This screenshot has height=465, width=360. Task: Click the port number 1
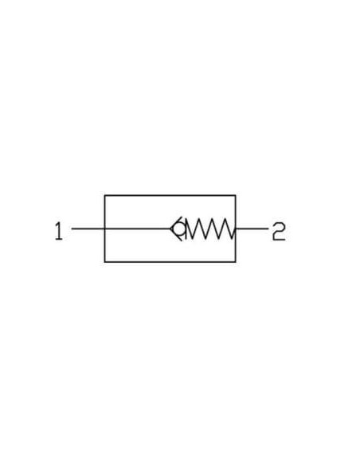coord(59,232)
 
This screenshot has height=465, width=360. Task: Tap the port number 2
coord(279,232)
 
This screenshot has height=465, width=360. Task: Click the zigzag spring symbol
coord(211,229)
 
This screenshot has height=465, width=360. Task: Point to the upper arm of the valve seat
coord(176,222)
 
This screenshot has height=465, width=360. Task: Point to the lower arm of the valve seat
coord(176,235)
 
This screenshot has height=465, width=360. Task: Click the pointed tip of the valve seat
coord(170,229)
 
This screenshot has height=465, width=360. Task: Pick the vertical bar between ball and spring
coord(186,229)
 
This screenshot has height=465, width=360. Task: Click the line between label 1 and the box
coord(88,229)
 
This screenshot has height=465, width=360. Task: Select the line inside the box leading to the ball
coord(138,229)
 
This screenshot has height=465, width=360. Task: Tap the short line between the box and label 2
coord(252,229)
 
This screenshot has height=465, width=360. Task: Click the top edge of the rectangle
coord(170,195)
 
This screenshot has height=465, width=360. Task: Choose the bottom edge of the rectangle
coord(170,262)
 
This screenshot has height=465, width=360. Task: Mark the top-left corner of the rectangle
coord(104,195)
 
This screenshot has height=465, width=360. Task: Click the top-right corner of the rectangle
coord(236,195)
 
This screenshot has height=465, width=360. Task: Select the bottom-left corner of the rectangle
coord(104,262)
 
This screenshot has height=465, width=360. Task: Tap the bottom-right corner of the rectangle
coord(236,262)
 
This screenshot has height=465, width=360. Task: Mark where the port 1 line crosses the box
coord(104,229)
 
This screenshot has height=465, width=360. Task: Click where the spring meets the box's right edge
coord(236,229)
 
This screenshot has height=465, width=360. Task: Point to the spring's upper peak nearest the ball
coord(188,220)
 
